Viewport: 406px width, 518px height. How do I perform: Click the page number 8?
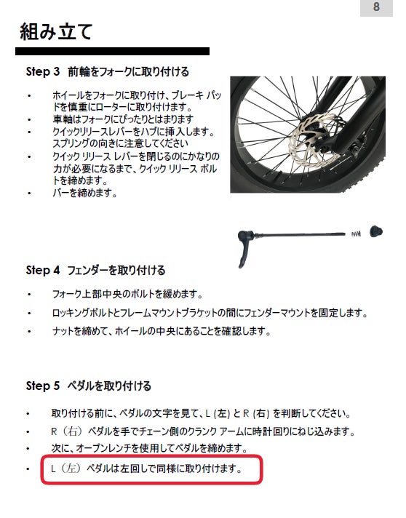click(376, 7)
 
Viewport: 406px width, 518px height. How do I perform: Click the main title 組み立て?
click(56, 32)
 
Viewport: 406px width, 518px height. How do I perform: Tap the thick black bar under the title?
click(112, 51)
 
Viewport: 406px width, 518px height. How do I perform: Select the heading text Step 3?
click(43, 72)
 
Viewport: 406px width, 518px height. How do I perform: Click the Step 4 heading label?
click(43, 270)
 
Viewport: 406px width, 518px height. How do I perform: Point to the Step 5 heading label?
click(43, 386)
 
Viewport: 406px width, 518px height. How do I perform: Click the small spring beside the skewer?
click(356, 234)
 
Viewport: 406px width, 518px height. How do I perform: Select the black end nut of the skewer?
click(376, 231)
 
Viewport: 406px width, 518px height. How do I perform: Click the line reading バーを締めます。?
click(85, 193)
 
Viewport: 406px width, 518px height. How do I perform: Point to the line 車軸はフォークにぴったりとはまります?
click(123, 119)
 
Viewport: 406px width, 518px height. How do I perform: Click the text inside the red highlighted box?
click(146, 469)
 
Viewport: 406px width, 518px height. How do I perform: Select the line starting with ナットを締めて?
click(162, 331)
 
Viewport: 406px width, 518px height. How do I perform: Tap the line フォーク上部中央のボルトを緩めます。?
click(127, 294)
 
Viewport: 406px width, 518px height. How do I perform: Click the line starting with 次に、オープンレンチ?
click(149, 448)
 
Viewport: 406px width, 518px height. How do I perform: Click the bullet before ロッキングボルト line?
click(29, 313)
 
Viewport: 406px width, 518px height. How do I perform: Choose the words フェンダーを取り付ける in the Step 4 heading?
click(116, 270)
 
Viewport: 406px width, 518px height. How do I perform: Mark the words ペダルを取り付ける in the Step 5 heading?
click(109, 386)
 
